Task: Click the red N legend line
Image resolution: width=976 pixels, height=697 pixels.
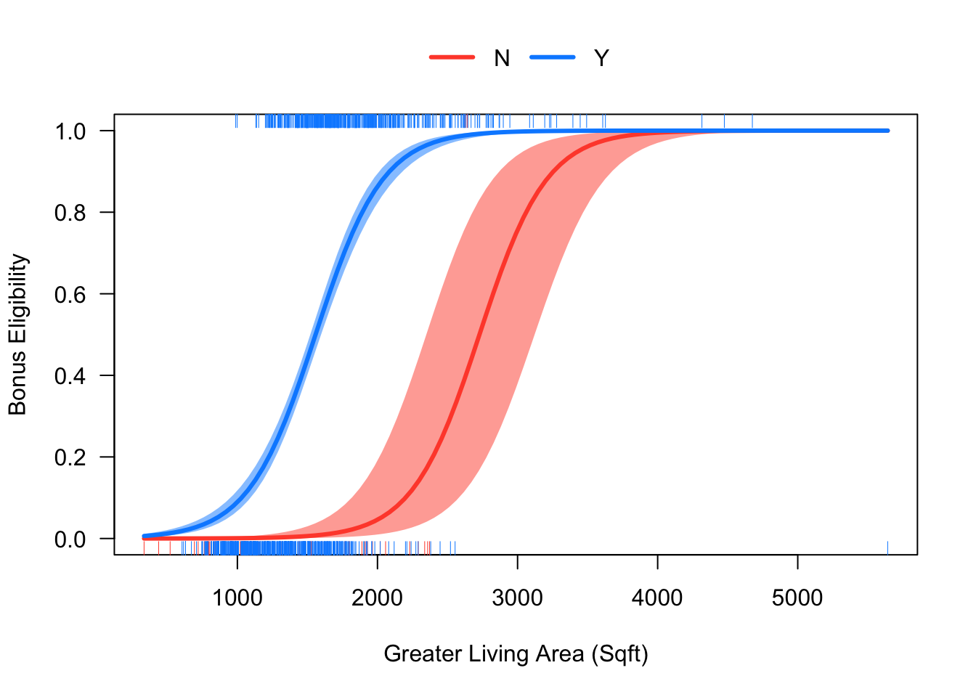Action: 452,57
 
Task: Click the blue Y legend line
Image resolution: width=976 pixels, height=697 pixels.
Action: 552,57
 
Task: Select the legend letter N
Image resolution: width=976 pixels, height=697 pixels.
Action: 502,58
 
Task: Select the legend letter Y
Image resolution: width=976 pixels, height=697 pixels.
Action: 601,58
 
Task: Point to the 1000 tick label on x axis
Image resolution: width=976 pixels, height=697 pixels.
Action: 237,598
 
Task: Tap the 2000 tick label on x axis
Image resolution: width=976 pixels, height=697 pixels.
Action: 377,598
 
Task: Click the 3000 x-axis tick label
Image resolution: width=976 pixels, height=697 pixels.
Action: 517,598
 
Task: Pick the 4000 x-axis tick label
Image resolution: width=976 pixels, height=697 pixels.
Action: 657,598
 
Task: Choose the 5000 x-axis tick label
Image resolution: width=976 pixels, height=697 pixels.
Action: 797,598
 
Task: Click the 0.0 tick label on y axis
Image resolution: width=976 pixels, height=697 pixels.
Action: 70,539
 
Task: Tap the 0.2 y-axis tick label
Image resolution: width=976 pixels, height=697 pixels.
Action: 70,457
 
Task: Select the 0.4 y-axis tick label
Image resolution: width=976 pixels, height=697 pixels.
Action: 70,376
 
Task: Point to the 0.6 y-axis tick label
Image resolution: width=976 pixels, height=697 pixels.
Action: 70,294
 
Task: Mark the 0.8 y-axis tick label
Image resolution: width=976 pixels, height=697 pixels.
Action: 70,213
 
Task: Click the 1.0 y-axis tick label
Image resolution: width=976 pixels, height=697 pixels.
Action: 70,131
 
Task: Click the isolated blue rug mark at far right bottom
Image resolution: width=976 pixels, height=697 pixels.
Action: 887,547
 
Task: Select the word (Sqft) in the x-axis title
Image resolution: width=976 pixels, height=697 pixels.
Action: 619,654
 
